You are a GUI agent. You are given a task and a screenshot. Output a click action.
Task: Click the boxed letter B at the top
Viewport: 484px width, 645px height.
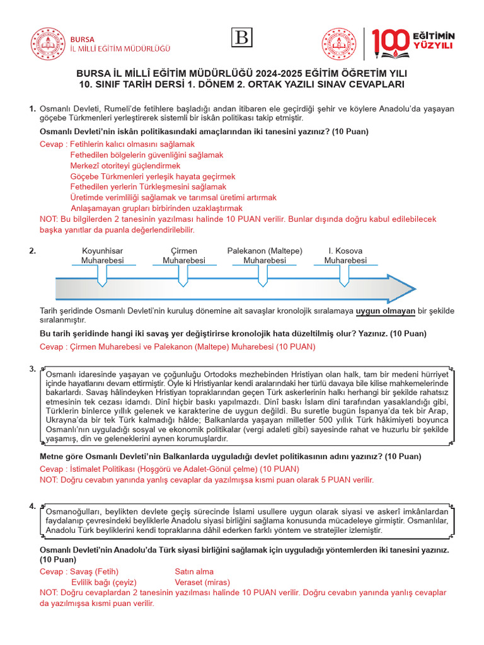pyautogui.click(x=242, y=38)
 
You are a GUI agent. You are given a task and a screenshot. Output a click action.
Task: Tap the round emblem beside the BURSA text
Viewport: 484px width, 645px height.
pyautogui.click(x=48, y=43)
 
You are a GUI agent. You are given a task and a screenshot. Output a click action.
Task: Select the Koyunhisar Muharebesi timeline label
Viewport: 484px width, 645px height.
pyautogui.click(x=103, y=256)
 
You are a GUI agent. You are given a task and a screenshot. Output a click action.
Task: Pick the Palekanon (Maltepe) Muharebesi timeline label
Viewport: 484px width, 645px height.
pyautogui.click(x=265, y=256)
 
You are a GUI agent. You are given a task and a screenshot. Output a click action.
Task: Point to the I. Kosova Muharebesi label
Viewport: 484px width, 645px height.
pyautogui.click(x=345, y=256)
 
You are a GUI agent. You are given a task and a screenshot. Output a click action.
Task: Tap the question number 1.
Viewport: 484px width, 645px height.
pyautogui.click(x=32, y=109)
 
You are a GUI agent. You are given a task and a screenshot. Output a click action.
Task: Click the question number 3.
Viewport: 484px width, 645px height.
pyautogui.click(x=32, y=368)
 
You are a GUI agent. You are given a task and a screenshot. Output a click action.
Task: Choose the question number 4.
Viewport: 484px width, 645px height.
pyautogui.click(x=32, y=506)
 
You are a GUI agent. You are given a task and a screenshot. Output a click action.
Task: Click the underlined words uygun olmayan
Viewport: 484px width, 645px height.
pyautogui.click(x=385, y=311)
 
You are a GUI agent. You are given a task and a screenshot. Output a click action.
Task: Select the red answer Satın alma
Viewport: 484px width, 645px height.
pyautogui.click(x=195, y=571)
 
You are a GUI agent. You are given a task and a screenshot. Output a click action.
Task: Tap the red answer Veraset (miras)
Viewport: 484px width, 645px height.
pyautogui.click(x=202, y=582)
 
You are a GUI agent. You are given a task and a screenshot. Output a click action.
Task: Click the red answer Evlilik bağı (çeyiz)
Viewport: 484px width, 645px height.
pyautogui.click(x=104, y=582)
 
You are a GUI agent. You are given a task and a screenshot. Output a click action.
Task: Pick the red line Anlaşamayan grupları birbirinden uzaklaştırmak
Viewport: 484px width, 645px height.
pyautogui.click(x=157, y=208)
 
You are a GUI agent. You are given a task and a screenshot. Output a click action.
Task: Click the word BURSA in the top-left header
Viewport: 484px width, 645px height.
pyautogui.click(x=83, y=38)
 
